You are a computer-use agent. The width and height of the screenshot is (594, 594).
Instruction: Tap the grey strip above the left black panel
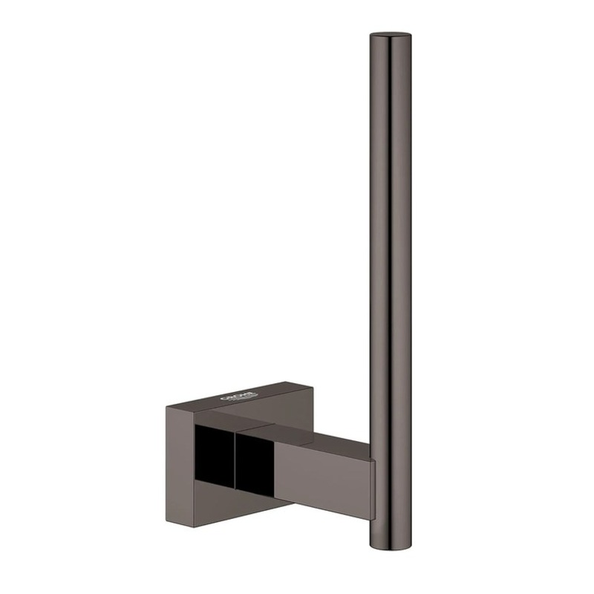point(215,417)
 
